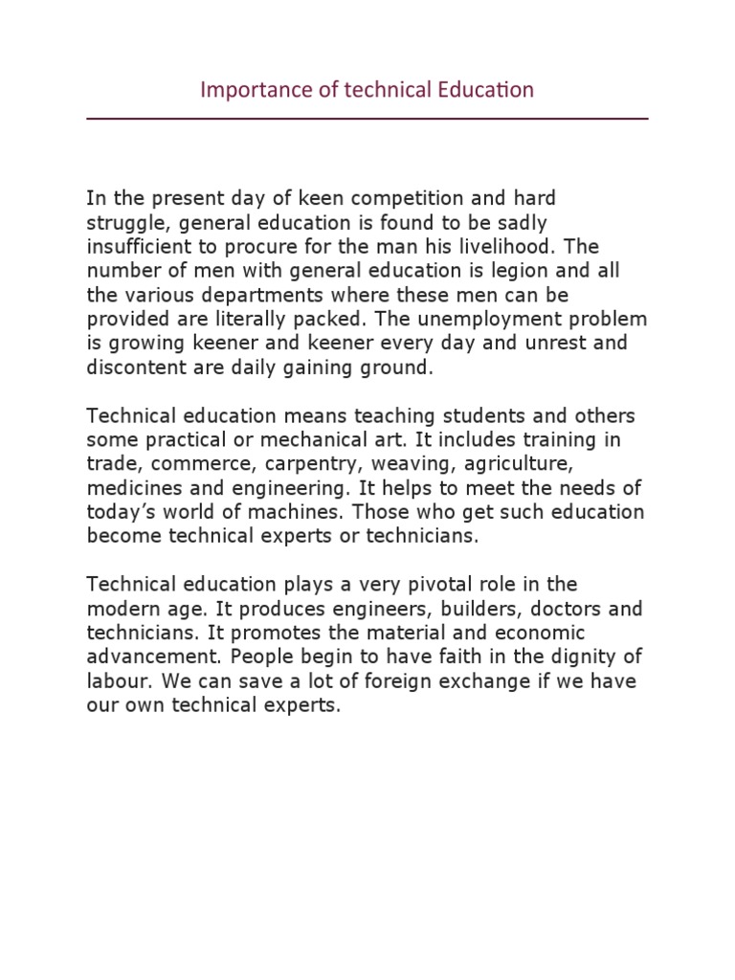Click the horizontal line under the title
coord(367,119)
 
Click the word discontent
coord(129,367)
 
